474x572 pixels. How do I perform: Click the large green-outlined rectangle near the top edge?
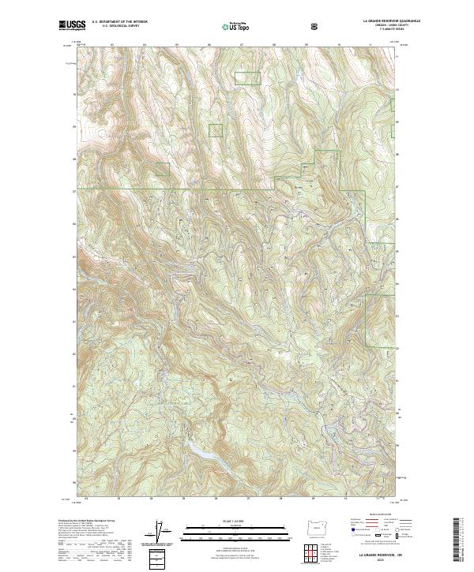247,77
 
